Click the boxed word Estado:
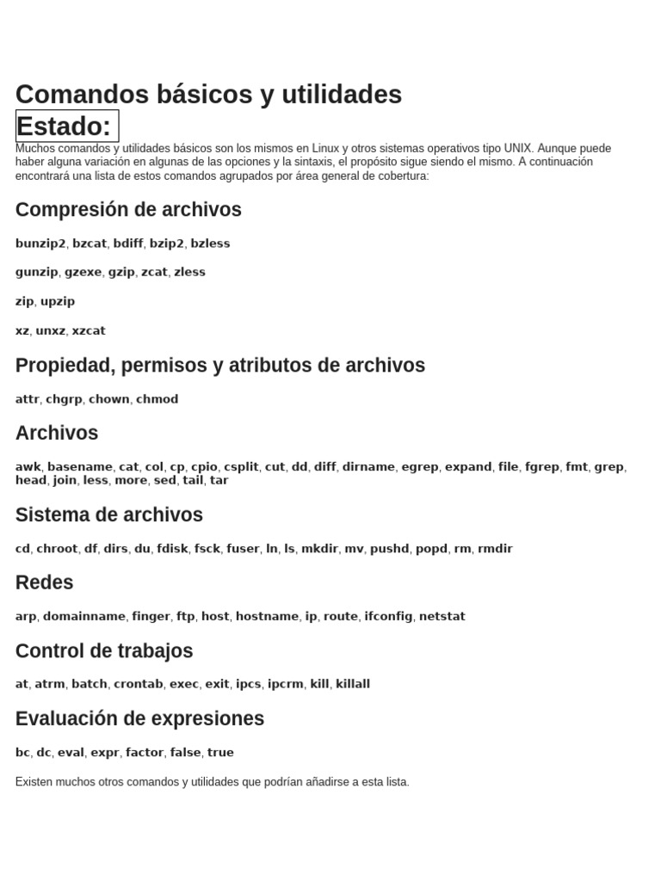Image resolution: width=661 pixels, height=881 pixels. click(x=67, y=126)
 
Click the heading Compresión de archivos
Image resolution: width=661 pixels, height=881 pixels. click(x=128, y=210)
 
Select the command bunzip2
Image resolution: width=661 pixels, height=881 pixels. click(x=40, y=243)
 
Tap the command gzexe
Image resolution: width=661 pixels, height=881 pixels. click(x=83, y=272)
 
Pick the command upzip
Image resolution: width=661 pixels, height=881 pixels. click(x=58, y=301)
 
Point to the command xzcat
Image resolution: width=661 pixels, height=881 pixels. click(x=89, y=330)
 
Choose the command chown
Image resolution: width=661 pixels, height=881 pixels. click(x=109, y=399)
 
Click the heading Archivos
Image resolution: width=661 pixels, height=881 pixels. click(x=57, y=433)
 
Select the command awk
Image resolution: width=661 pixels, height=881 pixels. click(x=28, y=467)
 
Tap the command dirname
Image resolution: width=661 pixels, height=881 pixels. click(x=369, y=467)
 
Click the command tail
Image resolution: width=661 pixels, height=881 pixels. click(x=193, y=480)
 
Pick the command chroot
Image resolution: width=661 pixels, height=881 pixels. click(x=57, y=549)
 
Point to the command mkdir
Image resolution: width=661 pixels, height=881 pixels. click(x=320, y=549)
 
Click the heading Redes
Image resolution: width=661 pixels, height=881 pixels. click(x=44, y=582)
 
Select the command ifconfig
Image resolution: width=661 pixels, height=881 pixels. click(x=388, y=617)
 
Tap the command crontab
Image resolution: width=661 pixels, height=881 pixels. click(x=138, y=684)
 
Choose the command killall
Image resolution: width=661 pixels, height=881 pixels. click(x=353, y=684)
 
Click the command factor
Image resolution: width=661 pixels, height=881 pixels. click(x=145, y=753)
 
